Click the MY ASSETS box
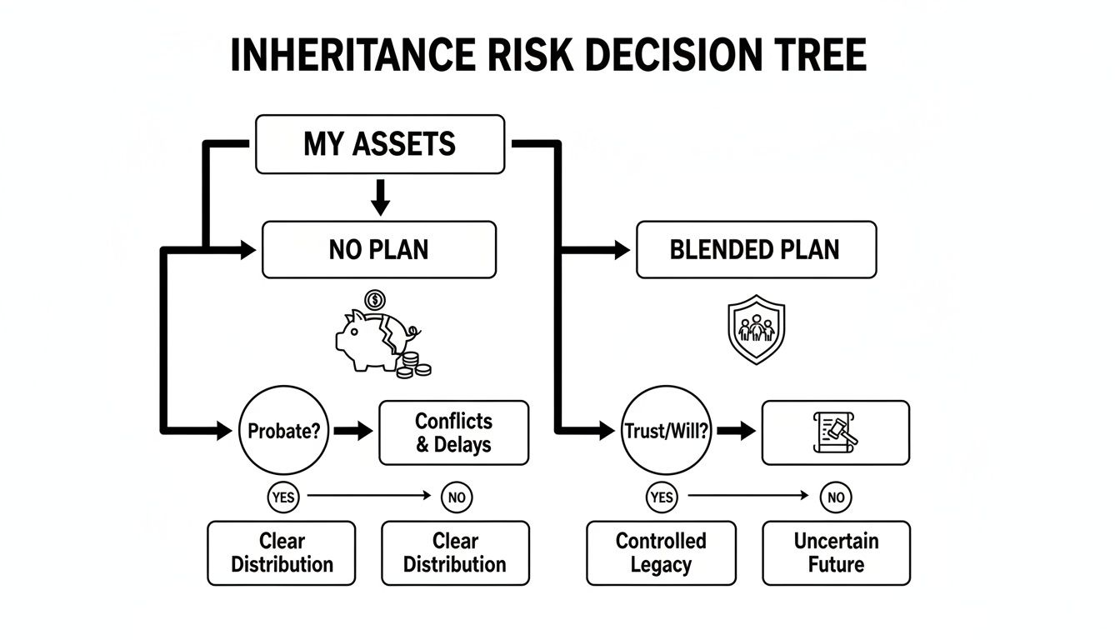click(x=379, y=144)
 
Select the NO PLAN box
click(x=379, y=249)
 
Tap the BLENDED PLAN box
click(x=755, y=249)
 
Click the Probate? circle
click(x=282, y=432)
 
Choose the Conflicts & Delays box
click(x=453, y=432)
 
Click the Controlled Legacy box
click(x=661, y=552)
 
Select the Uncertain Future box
click(x=836, y=552)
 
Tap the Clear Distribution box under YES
click(x=282, y=552)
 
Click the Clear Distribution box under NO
click(x=455, y=552)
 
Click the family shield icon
click(x=756, y=328)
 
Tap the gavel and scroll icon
click(x=835, y=433)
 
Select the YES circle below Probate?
click(x=283, y=497)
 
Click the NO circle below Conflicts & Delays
click(x=456, y=497)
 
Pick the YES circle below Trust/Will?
click(x=661, y=497)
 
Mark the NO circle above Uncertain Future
click(x=836, y=497)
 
